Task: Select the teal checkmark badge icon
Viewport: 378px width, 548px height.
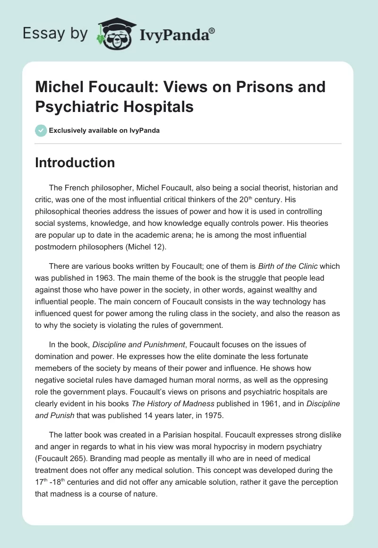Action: click(x=41, y=130)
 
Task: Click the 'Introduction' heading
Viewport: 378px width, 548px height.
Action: click(x=75, y=163)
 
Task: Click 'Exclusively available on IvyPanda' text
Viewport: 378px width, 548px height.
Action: click(x=104, y=130)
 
